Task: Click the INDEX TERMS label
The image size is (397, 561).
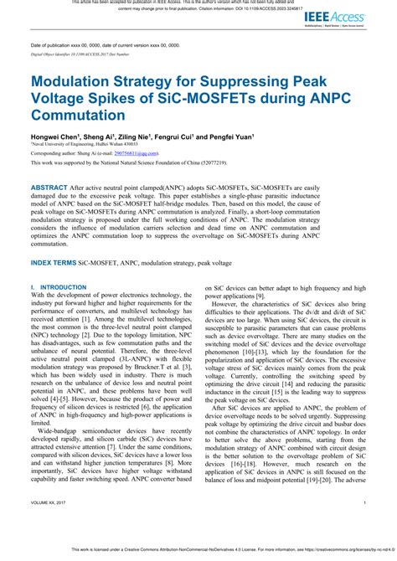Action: coord(61,262)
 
